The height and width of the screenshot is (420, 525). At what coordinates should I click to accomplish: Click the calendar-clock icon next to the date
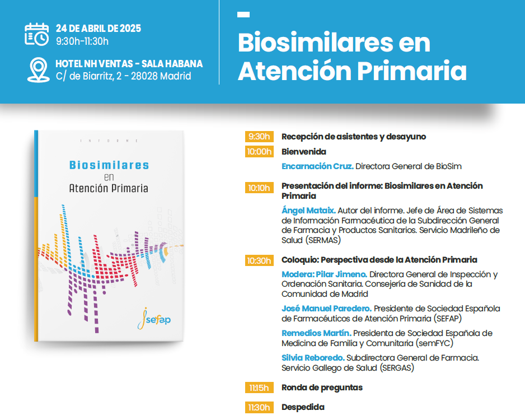pyautogui.click(x=37, y=34)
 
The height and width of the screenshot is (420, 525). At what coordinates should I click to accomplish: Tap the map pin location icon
pyautogui.click(x=38, y=70)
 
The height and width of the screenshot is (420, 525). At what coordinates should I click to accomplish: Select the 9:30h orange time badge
pyautogui.click(x=259, y=137)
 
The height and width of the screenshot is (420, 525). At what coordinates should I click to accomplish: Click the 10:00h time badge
pyautogui.click(x=259, y=152)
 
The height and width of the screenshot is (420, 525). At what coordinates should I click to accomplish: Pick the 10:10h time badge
pyautogui.click(x=259, y=188)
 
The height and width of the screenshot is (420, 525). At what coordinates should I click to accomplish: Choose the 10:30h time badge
pyautogui.click(x=259, y=260)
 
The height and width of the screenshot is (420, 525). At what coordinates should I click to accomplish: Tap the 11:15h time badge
pyautogui.click(x=259, y=388)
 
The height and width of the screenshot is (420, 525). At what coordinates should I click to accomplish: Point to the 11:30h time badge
pyautogui.click(x=259, y=407)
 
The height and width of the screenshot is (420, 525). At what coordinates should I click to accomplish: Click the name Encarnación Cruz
pyautogui.click(x=317, y=166)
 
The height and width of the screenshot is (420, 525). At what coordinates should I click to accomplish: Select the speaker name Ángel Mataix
pyautogui.click(x=308, y=211)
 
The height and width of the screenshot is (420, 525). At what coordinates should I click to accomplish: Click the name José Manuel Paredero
pyautogui.click(x=326, y=309)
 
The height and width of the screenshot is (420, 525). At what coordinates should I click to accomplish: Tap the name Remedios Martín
pyautogui.click(x=316, y=333)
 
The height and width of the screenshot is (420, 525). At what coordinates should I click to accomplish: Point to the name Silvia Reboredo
pyautogui.click(x=313, y=358)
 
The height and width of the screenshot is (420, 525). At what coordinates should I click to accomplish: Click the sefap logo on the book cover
pyautogui.click(x=154, y=319)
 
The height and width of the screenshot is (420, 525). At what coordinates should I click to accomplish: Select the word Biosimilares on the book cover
pyautogui.click(x=109, y=165)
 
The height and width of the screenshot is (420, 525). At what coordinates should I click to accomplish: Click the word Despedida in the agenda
pyautogui.click(x=303, y=407)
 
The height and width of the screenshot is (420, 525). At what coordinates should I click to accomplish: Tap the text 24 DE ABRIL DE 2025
pyautogui.click(x=99, y=29)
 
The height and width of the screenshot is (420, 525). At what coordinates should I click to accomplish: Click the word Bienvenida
pyautogui.click(x=304, y=152)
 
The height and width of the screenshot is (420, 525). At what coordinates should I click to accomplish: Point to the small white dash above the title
pyautogui.click(x=243, y=15)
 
